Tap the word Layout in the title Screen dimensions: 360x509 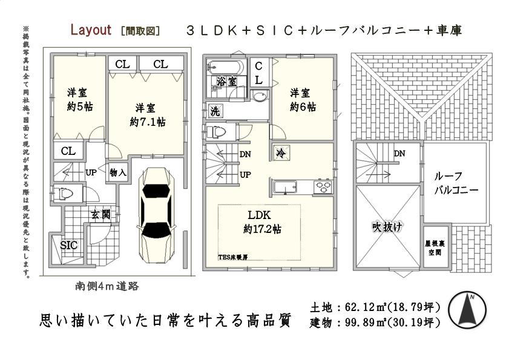(90, 30)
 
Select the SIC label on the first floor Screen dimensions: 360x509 (69, 244)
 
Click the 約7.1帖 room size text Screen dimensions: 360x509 (148, 122)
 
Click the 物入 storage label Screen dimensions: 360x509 (118, 173)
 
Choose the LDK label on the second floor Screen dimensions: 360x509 (258, 215)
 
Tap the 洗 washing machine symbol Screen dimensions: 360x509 (215, 111)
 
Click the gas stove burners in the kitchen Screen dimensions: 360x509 (323, 187)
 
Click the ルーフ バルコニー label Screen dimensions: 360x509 (456, 183)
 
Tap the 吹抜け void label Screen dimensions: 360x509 (387, 227)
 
